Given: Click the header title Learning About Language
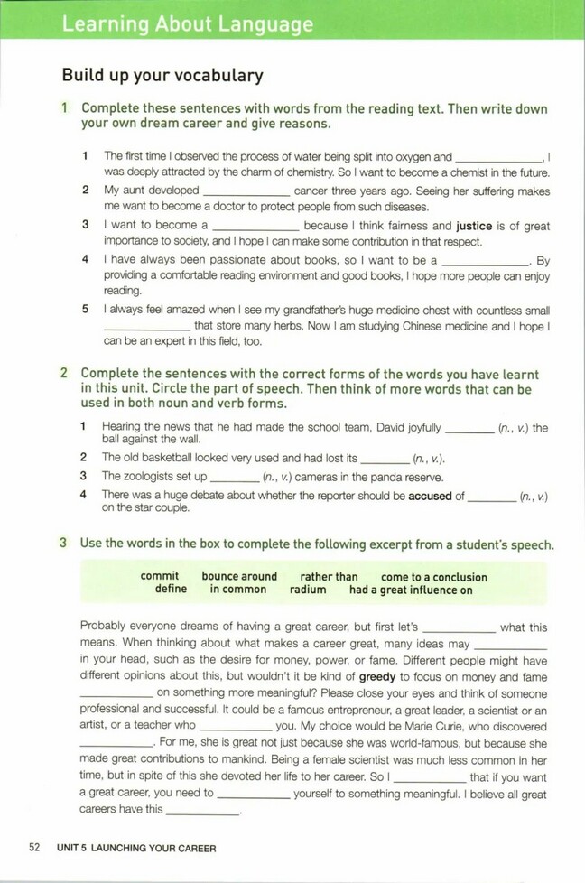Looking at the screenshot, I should (x=188, y=24).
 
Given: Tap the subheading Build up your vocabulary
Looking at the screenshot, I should (x=162, y=76).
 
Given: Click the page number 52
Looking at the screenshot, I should (x=35, y=848).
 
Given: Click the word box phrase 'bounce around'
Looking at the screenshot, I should (x=239, y=576).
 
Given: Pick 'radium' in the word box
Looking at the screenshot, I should (x=308, y=590).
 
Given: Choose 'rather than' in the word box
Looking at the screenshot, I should (x=329, y=576).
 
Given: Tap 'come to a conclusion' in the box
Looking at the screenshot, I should (x=433, y=576).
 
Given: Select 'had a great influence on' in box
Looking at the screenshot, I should (x=411, y=590).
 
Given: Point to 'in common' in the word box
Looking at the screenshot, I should (x=238, y=590).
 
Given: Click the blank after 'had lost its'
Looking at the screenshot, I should (x=385, y=460).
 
